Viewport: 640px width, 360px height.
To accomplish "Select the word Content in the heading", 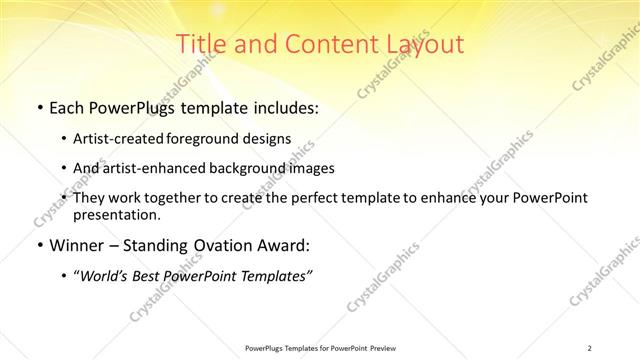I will pyautogui.click(x=323, y=44).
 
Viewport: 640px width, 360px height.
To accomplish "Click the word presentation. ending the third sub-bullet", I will pyautogui.click(x=116, y=214).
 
